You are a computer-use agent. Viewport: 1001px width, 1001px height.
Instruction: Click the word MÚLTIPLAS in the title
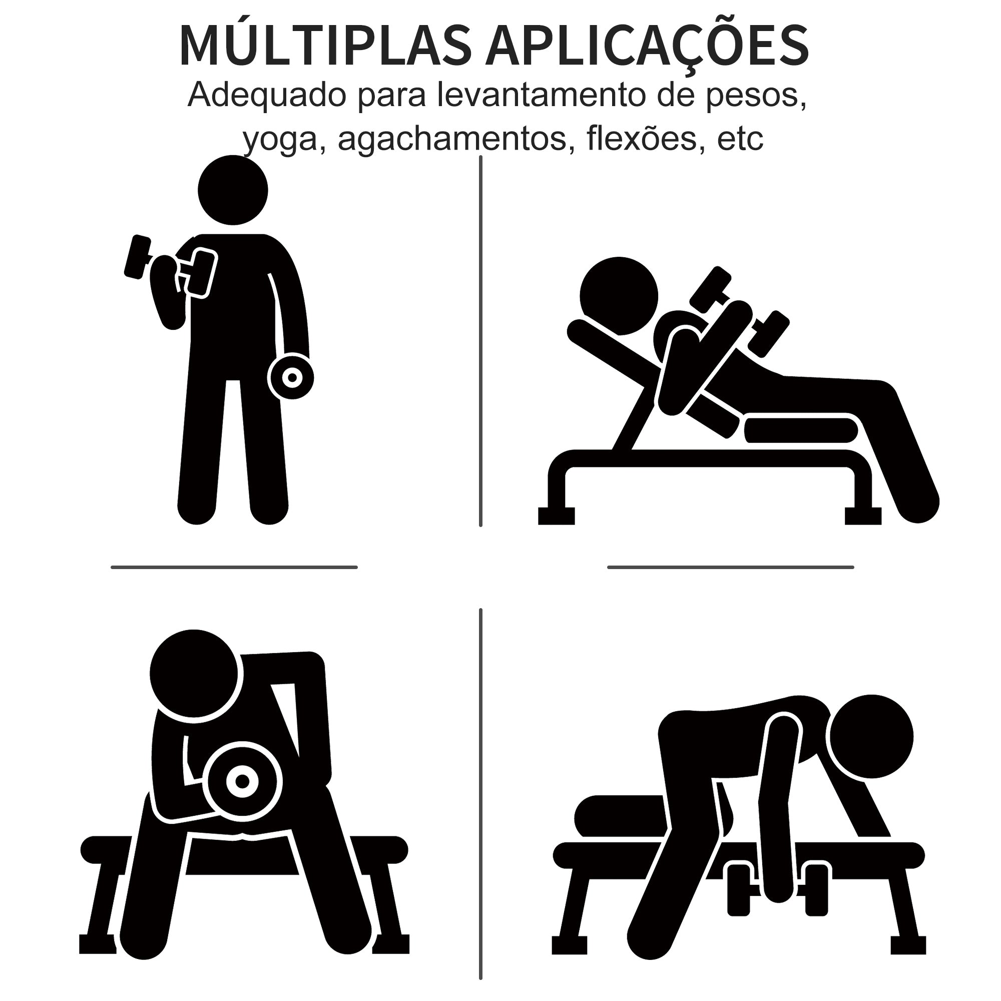[325, 46]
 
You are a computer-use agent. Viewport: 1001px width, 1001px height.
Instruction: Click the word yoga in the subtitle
[280, 139]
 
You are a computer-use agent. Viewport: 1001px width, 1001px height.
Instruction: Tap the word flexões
[642, 139]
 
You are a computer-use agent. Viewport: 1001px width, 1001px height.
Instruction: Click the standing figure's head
[233, 190]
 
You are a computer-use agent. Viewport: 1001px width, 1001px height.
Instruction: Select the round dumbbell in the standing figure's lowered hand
[292, 377]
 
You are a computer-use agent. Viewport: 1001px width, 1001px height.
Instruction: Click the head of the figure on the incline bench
[619, 296]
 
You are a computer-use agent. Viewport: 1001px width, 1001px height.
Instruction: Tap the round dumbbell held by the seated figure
[242, 780]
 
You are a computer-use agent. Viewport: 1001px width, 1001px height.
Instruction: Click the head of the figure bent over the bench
[870, 737]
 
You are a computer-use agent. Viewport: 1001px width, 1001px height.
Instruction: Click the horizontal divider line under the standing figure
[234, 568]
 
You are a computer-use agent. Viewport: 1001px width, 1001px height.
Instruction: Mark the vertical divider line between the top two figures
[481, 342]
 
